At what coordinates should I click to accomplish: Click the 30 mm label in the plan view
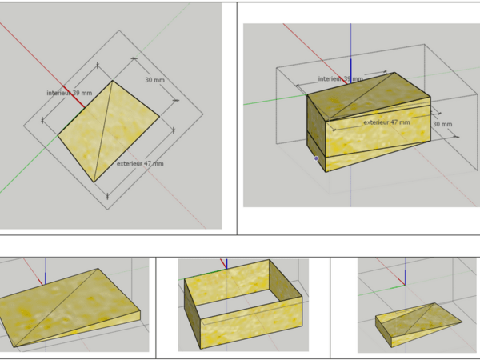[154, 80]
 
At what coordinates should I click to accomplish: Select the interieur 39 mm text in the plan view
[70, 93]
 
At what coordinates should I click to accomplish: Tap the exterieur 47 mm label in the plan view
[140, 163]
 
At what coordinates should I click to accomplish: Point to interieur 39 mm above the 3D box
[341, 79]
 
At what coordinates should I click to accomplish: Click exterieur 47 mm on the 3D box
[386, 122]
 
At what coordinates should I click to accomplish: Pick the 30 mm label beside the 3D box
[442, 124]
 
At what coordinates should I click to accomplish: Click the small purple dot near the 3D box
[316, 158]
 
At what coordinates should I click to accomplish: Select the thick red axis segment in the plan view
[74, 97]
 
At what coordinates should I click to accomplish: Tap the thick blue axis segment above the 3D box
[351, 71]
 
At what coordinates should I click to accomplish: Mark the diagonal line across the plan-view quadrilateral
[103, 131]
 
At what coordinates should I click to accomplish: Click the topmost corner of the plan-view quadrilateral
[113, 81]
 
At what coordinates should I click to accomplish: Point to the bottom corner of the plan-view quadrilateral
[94, 182]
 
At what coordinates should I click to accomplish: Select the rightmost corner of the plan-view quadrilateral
[159, 116]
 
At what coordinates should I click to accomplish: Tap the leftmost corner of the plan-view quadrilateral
[58, 135]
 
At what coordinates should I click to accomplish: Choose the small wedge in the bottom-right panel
[417, 325]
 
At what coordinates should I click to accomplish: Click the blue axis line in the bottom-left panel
[46, 271]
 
